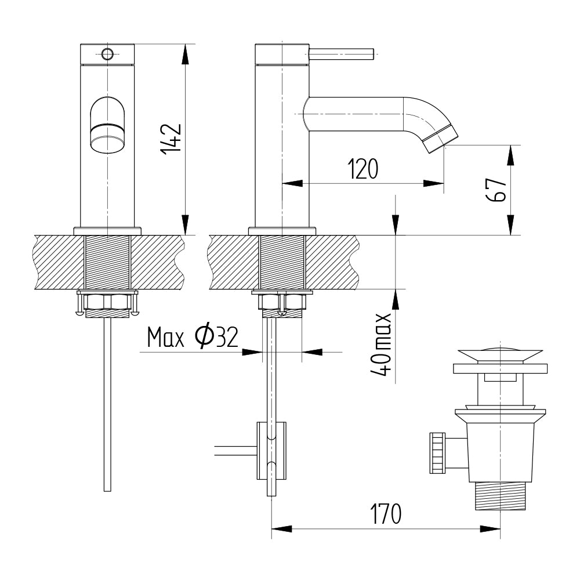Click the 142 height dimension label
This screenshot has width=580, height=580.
tap(171, 139)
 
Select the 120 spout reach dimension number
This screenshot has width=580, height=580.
tap(363, 169)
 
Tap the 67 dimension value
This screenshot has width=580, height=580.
tap(496, 190)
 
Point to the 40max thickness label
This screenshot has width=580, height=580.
tap(381, 345)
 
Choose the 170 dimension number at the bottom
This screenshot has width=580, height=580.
tap(386, 513)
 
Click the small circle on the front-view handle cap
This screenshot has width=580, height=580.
tap(107, 55)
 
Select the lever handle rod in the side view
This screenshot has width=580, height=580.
tap(342, 53)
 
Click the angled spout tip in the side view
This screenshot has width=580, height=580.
tap(441, 139)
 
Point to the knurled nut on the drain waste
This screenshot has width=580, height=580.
tap(437, 453)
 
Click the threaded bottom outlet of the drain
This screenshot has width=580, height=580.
tap(500, 496)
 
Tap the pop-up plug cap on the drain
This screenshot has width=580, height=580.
tap(500, 355)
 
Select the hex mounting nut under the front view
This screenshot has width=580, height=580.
tap(108, 302)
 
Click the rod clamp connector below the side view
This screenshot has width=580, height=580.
tap(271, 451)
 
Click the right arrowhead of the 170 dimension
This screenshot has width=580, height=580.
tap(490, 529)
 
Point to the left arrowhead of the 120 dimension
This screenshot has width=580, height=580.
tap(292, 183)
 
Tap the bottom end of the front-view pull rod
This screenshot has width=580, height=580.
tap(107, 491)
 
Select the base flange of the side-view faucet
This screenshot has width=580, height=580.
tap(282, 231)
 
